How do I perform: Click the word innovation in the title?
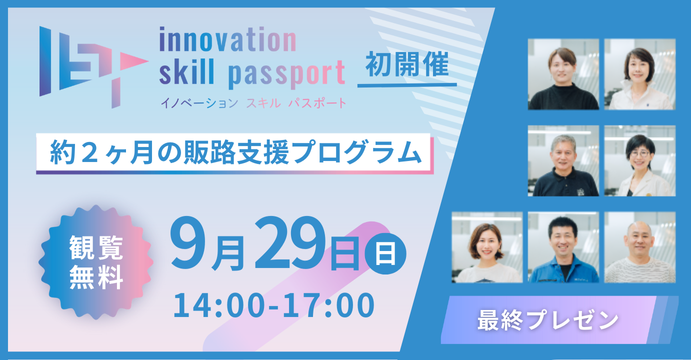(227, 39)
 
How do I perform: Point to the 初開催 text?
(400, 63)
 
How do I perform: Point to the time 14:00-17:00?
(274, 301)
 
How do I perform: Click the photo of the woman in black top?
(564, 75)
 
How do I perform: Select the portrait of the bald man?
(639, 248)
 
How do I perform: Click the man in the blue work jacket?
(563, 248)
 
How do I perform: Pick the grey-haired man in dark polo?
(564, 161)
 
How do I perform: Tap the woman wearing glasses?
(639, 161)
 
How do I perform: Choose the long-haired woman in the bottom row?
(487, 248)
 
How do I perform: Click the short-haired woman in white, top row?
(639, 75)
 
